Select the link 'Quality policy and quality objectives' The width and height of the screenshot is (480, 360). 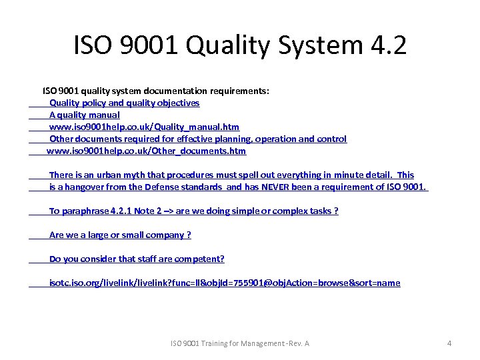(124, 103)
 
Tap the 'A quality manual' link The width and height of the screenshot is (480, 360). (85, 115)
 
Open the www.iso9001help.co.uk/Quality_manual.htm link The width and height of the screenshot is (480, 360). (144, 127)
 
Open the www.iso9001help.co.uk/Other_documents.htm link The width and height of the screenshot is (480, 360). (146, 151)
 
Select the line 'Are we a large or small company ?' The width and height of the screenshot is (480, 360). (120, 235)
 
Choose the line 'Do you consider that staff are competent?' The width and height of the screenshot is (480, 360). (137, 259)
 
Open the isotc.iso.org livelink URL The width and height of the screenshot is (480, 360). (225, 283)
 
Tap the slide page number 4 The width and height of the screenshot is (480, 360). (449, 343)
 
